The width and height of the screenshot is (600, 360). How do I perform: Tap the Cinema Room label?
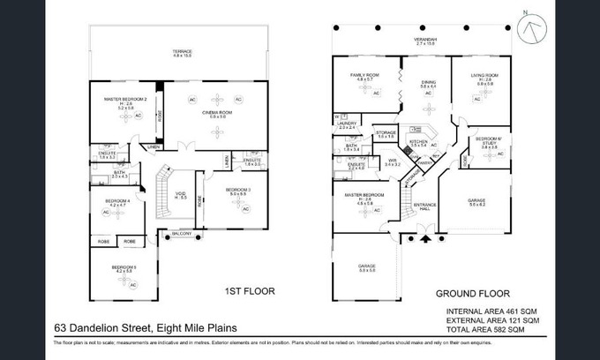tap(217, 114)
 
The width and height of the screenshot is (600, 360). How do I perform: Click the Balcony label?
tap(183, 233)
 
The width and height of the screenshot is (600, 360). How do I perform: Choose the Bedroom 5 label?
tap(124, 268)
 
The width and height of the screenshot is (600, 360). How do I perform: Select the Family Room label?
tap(364, 77)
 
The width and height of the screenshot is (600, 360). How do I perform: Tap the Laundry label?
tap(348, 124)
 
